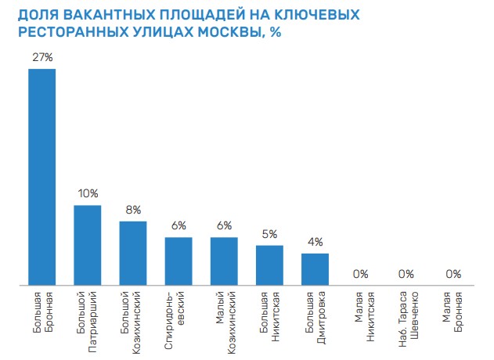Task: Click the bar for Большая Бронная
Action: tap(41, 176)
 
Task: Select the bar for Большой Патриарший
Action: tap(87, 244)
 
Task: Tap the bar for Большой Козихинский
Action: tap(133, 252)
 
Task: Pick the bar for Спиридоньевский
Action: tap(178, 260)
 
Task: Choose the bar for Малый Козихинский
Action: tap(224, 260)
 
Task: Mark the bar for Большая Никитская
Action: tap(269, 264)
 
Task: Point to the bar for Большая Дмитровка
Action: tap(315, 268)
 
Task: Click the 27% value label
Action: tap(41, 56)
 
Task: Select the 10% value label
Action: tap(87, 193)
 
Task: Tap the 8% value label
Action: tap(133, 209)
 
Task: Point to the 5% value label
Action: tap(269, 233)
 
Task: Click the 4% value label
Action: tap(315, 241)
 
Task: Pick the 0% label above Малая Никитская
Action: tap(360, 273)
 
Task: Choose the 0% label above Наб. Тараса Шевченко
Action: tap(406, 273)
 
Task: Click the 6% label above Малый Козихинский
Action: tap(224, 225)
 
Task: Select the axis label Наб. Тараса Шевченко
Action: tap(406, 318)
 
